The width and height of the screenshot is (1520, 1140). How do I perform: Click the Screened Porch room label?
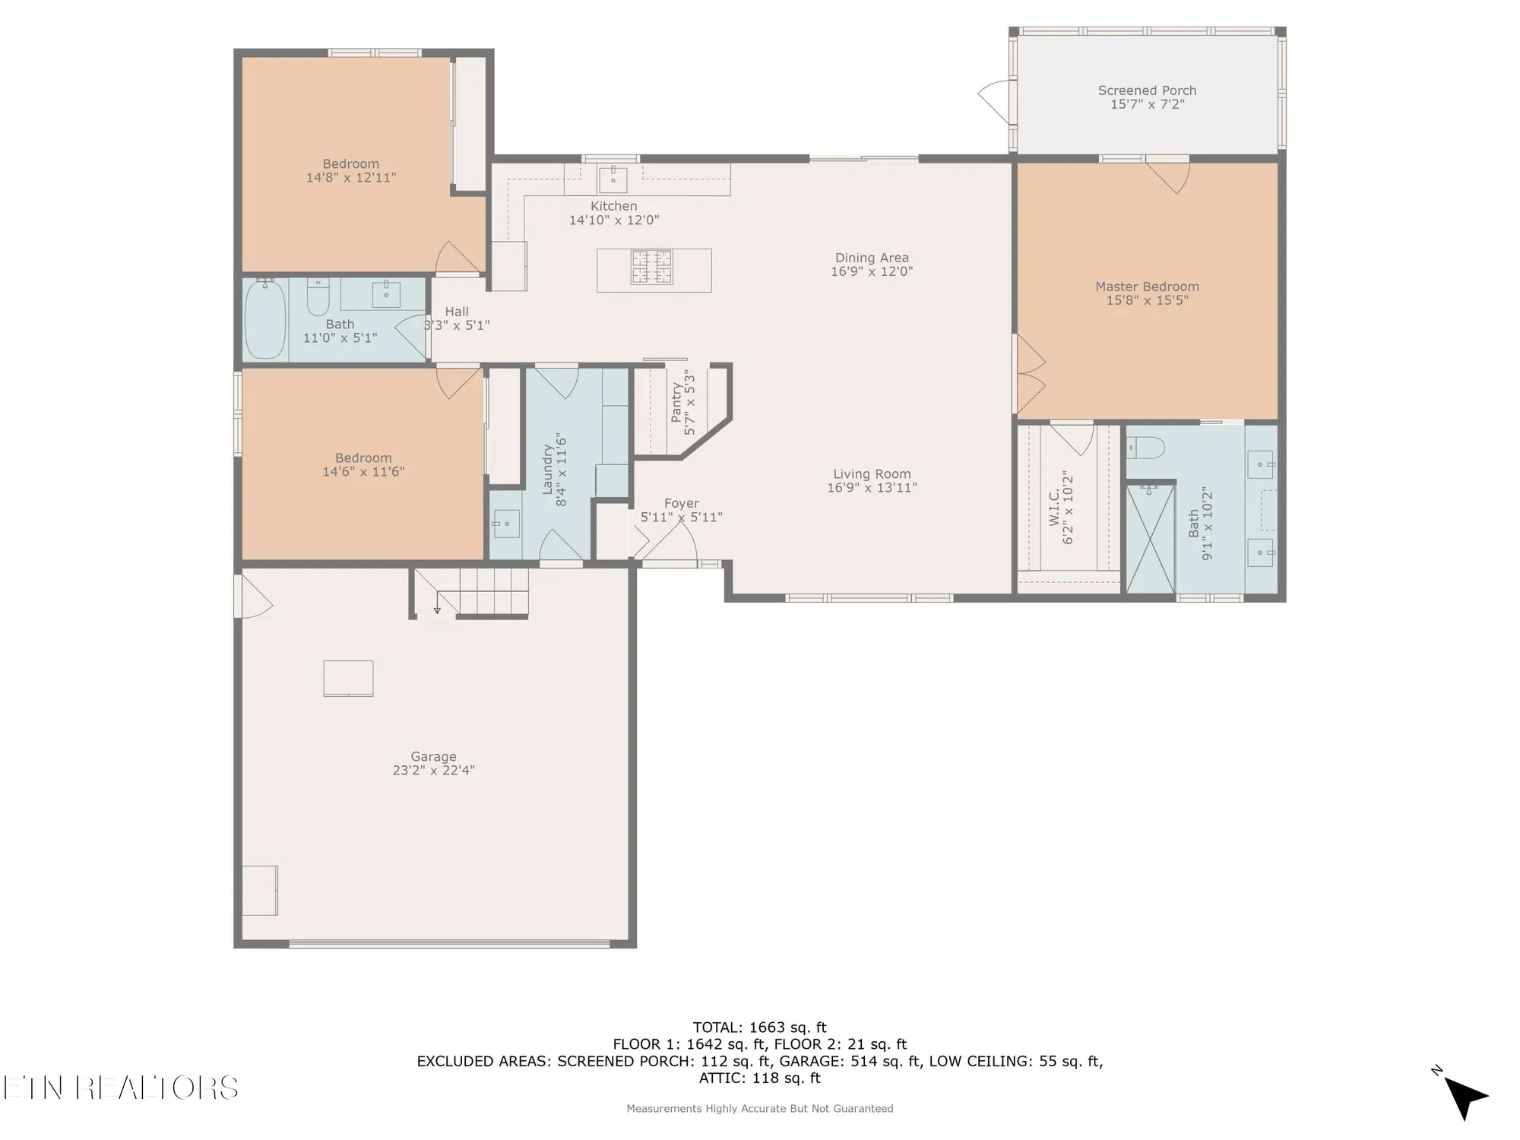(x=1147, y=90)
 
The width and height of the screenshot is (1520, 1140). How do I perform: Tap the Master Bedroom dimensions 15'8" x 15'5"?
(x=1147, y=300)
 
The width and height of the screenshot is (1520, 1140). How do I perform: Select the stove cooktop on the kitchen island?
(x=652, y=267)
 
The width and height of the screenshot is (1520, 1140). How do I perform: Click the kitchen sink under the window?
(x=613, y=180)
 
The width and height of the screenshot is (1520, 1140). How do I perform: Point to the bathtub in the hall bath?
(x=265, y=319)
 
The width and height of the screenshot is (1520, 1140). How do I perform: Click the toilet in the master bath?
(x=1145, y=448)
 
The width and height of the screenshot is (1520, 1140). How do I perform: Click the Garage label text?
(x=433, y=756)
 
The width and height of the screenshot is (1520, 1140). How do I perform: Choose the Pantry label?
(x=676, y=402)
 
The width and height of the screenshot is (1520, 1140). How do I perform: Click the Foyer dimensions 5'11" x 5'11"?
(x=681, y=518)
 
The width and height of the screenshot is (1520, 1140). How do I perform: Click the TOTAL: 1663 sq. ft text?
(x=759, y=1028)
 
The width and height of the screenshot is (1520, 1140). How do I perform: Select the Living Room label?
(x=872, y=473)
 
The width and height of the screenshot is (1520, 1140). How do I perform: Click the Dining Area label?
(x=872, y=258)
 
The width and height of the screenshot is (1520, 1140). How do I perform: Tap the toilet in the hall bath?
(x=318, y=298)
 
